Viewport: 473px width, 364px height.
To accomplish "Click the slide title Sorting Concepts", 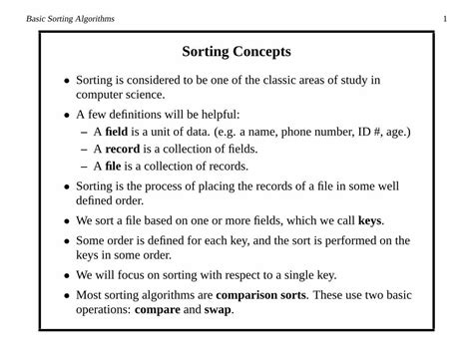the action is click(236, 52).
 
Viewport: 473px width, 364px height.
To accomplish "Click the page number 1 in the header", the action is click(444, 18).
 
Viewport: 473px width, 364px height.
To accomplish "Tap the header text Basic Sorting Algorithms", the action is click(71, 18).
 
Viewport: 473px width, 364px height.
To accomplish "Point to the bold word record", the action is click(123, 149).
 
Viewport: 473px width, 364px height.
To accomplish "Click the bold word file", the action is click(113, 167).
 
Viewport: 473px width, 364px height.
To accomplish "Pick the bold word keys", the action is click(369, 220).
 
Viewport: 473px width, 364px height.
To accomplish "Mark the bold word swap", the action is click(219, 310).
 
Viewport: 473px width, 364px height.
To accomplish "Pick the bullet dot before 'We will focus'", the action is click(67, 276).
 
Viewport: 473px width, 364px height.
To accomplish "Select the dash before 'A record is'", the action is click(83, 150).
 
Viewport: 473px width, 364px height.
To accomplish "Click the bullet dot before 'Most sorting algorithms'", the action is click(67, 296).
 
